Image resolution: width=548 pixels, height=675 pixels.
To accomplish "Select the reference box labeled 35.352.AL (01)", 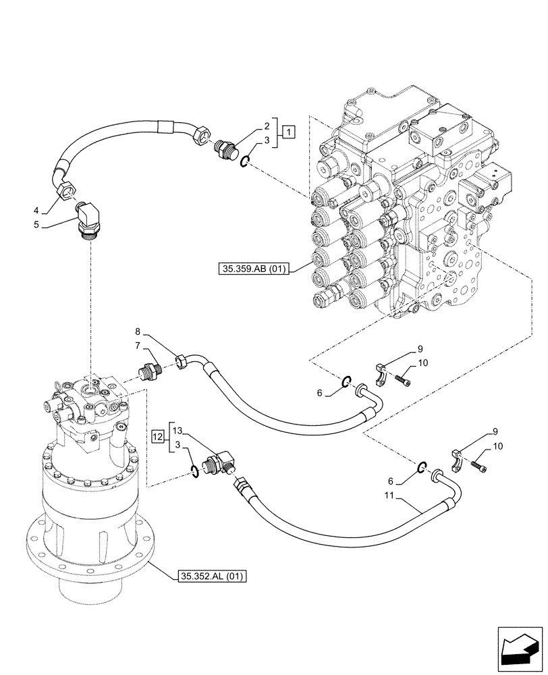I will click(x=213, y=576).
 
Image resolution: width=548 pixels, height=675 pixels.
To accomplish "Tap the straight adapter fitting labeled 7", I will click(x=148, y=371).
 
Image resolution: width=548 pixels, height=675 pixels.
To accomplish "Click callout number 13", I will click(x=177, y=430).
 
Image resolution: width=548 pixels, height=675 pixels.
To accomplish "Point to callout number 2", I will click(x=266, y=126).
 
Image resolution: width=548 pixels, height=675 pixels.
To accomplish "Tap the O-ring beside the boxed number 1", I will click(x=247, y=159).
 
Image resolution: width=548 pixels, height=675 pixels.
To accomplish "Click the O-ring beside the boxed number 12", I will click(x=195, y=470).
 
